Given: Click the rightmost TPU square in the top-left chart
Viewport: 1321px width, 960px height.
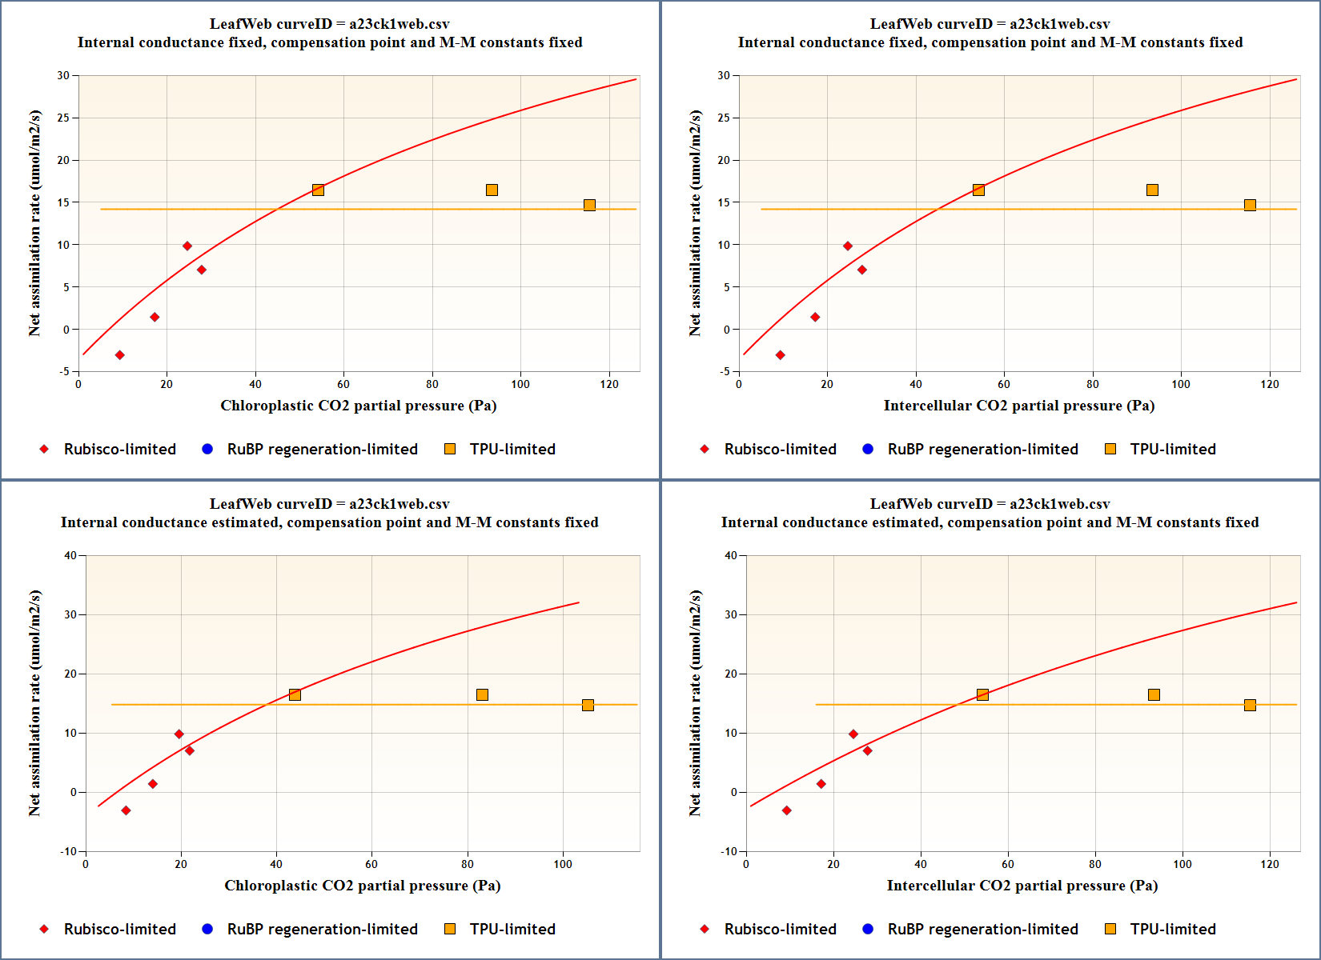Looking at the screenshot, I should (589, 205).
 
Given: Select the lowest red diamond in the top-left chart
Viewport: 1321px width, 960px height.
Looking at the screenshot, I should (119, 355).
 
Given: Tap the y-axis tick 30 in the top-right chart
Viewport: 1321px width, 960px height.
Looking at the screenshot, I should (724, 75).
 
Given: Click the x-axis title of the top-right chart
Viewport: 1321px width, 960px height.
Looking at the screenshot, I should (1018, 406).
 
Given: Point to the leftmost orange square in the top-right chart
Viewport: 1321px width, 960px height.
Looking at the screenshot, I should (978, 190).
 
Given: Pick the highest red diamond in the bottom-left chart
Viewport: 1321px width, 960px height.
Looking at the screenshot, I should (179, 734).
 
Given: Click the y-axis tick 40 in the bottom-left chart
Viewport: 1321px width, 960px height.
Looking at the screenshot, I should (70, 555).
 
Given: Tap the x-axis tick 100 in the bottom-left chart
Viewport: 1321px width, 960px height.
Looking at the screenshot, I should (563, 864).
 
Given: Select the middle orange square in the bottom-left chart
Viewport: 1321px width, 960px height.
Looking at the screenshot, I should (482, 694).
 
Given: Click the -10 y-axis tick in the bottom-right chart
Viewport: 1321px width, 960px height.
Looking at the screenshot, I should (729, 851).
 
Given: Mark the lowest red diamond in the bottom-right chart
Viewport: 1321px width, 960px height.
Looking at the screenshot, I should (786, 810).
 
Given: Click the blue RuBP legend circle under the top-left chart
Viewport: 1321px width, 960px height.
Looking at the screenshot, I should (207, 449).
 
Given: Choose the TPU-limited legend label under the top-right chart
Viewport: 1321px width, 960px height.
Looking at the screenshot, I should (1172, 449).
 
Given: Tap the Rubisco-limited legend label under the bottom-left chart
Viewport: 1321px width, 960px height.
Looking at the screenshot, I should (120, 929).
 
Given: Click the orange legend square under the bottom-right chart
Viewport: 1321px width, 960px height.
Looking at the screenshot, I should (1110, 929).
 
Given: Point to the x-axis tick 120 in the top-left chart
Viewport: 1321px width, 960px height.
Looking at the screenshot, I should (608, 384).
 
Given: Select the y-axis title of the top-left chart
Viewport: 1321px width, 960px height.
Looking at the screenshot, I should (34, 223).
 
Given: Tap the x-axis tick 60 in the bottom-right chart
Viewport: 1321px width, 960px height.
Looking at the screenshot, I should (1007, 864).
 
